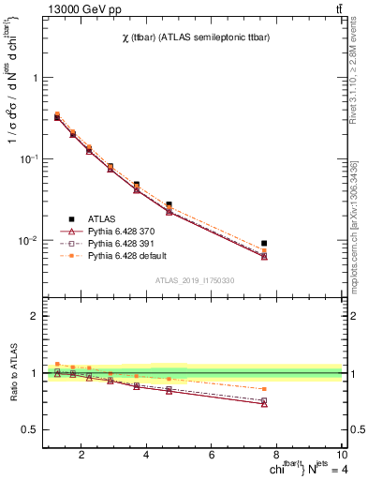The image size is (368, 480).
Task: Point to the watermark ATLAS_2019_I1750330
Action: (195, 279)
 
